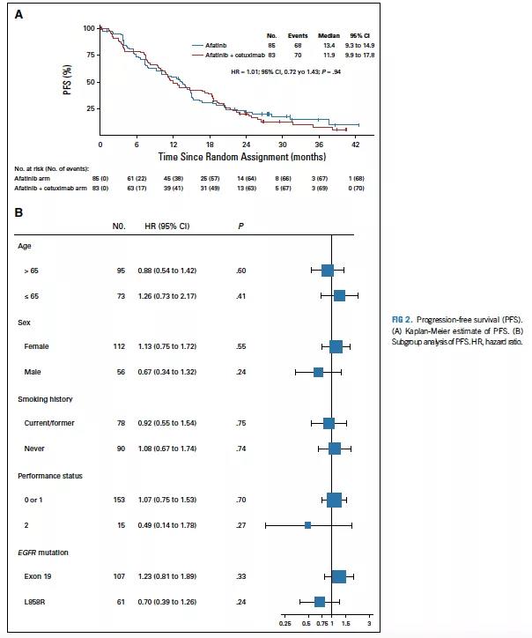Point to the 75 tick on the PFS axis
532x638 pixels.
click(89, 55)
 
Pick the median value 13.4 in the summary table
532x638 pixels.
click(329, 43)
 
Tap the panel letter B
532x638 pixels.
click(18, 212)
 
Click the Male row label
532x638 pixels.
click(33, 372)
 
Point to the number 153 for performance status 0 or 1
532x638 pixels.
click(120, 500)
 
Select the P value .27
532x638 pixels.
click(240, 525)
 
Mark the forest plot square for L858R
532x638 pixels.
click(320, 602)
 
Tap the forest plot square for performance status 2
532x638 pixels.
click(307, 525)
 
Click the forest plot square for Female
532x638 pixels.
click(336, 347)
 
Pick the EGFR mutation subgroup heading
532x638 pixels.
click(43, 552)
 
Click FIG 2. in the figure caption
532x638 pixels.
click(403, 318)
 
